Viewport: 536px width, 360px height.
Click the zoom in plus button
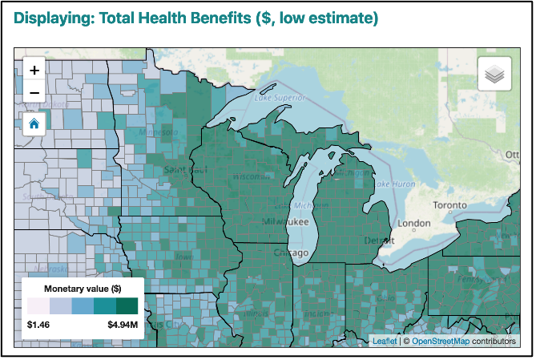[34, 70]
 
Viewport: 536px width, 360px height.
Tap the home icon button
[34, 123]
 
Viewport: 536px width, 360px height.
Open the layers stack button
[494, 75]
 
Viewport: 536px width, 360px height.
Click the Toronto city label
[449, 205]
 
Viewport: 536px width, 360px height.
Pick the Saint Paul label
[185, 170]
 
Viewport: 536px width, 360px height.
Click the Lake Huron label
[393, 184]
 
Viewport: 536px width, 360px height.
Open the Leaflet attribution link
[384, 341]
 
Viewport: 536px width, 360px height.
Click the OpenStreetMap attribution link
[440, 341]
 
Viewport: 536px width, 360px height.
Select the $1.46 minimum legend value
[38, 326]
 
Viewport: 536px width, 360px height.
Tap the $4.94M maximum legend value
[123, 326]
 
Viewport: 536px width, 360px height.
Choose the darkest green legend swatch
[127, 306]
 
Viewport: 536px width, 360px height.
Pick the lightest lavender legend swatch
[38, 306]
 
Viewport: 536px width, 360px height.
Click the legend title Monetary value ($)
[83, 288]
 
